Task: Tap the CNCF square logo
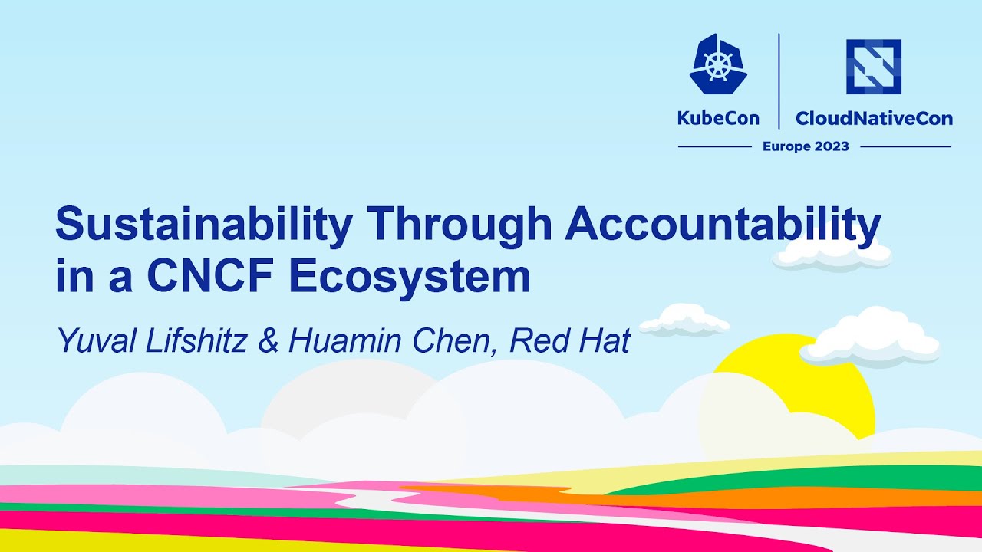click(x=873, y=67)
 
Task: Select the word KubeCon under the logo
click(x=718, y=118)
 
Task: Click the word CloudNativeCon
click(x=874, y=118)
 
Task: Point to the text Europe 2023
click(x=806, y=146)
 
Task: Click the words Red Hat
click(x=569, y=340)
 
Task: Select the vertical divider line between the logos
click(x=779, y=80)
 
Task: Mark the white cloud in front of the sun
click(x=871, y=337)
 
